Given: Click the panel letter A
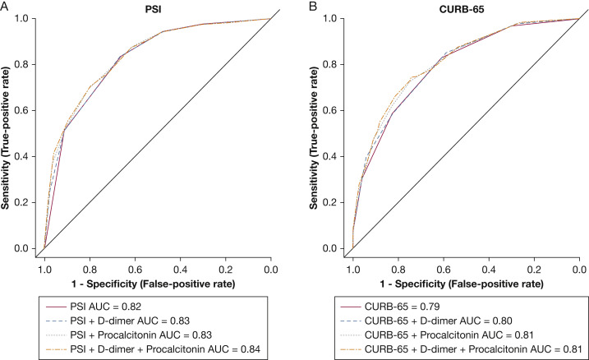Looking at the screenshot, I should pos(6,5).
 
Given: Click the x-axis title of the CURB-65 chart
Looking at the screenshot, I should pos(466,284).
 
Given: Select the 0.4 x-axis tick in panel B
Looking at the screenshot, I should pos(489,268).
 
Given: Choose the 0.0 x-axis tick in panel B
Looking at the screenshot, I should pos(578,268).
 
